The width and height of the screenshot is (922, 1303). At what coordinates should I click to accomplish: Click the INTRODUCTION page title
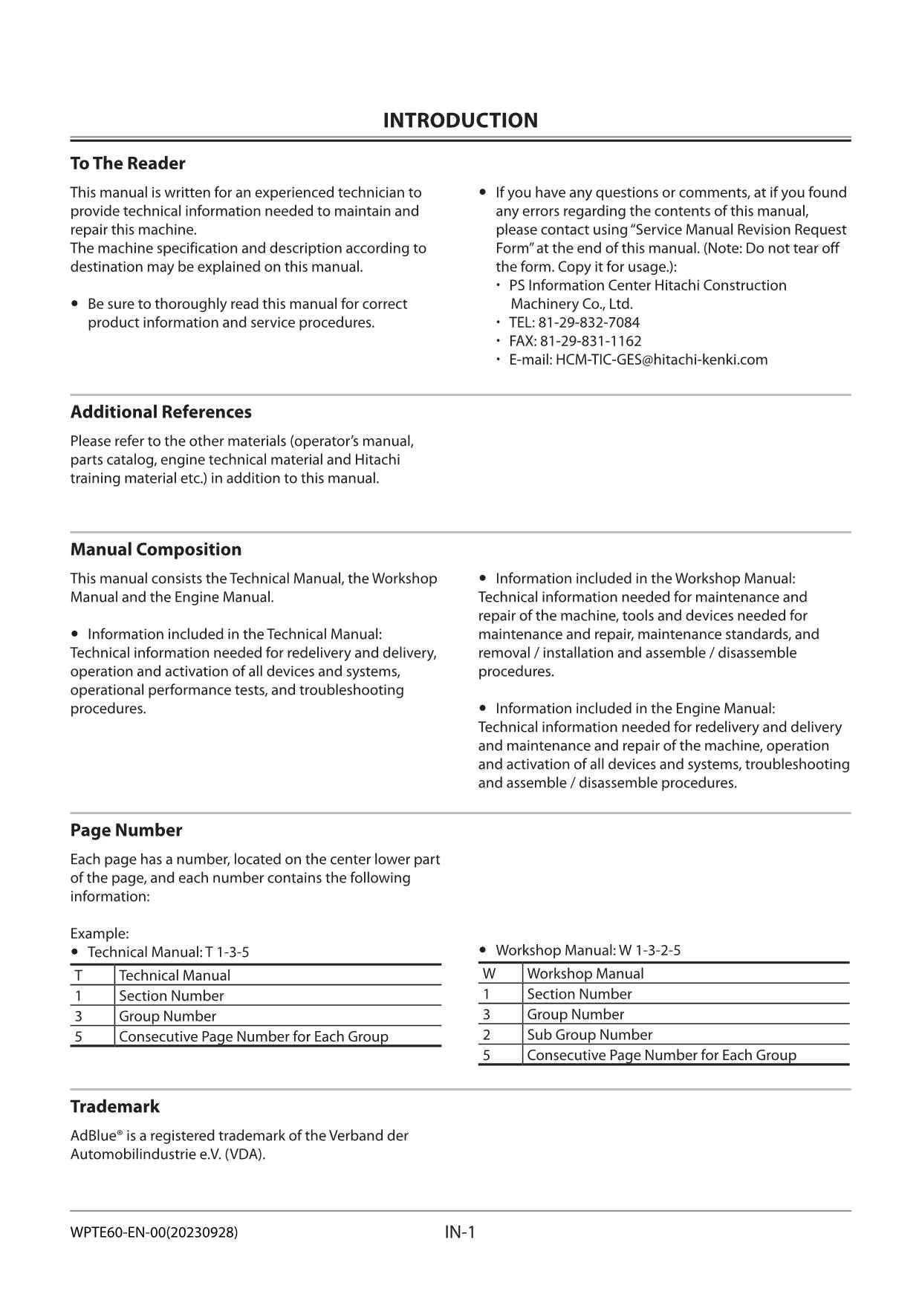click(x=460, y=120)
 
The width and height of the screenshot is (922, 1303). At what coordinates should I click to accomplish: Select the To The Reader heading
click(x=128, y=163)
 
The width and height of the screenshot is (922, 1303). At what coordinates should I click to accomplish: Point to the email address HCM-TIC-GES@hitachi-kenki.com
click(x=661, y=360)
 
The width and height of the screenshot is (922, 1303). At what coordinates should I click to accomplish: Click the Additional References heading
click(x=160, y=412)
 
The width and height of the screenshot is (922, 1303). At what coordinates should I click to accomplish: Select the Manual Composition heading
click(x=156, y=549)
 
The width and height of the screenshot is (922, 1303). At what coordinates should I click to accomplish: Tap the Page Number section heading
click(x=126, y=830)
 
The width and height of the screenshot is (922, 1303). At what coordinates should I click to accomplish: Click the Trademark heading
click(x=115, y=1106)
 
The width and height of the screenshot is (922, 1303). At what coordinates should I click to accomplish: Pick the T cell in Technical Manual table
click(x=78, y=975)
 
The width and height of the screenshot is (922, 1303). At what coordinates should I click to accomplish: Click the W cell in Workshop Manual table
click(x=489, y=973)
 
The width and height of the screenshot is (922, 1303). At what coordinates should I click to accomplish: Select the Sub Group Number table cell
click(x=589, y=1035)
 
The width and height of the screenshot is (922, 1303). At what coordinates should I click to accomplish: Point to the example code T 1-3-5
click(x=227, y=952)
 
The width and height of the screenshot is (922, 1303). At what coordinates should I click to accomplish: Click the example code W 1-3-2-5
click(x=649, y=950)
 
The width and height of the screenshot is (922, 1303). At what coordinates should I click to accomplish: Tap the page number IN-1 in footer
click(x=460, y=1232)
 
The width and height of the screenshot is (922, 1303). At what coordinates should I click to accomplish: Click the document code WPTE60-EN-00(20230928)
click(x=154, y=1232)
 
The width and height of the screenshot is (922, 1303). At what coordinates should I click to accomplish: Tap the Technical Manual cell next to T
click(x=175, y=975)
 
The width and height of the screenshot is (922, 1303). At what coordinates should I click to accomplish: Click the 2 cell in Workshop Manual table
click(x=487, y=1035)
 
